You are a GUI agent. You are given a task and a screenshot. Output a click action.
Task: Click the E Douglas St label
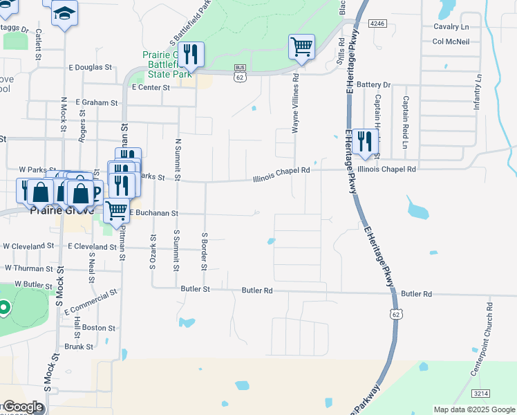[x=90, y=67]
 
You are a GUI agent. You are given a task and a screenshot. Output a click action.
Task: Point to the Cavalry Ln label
[x=451, y=26]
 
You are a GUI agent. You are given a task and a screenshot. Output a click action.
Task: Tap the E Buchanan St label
[x=154, y=213]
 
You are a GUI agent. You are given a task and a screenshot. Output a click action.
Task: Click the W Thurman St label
[x=28, y=268]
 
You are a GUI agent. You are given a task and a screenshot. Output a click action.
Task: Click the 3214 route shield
[x=481, y=394]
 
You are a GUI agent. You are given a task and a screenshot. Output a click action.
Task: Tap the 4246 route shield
[x=377, y=24]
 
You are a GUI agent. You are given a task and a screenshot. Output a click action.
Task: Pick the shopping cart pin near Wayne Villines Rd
[x=301, y=47]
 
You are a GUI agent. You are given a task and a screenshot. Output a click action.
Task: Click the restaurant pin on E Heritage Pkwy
[x=365, y=141]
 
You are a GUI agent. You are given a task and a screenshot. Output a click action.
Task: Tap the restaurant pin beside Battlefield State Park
[x=191, y=55]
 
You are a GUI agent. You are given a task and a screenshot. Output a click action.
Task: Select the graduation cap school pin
[x=65, y=13]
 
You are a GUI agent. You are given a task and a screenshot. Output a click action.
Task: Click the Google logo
[x=22, y=407]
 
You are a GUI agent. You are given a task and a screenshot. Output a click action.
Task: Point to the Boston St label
[x=98, y=327]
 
